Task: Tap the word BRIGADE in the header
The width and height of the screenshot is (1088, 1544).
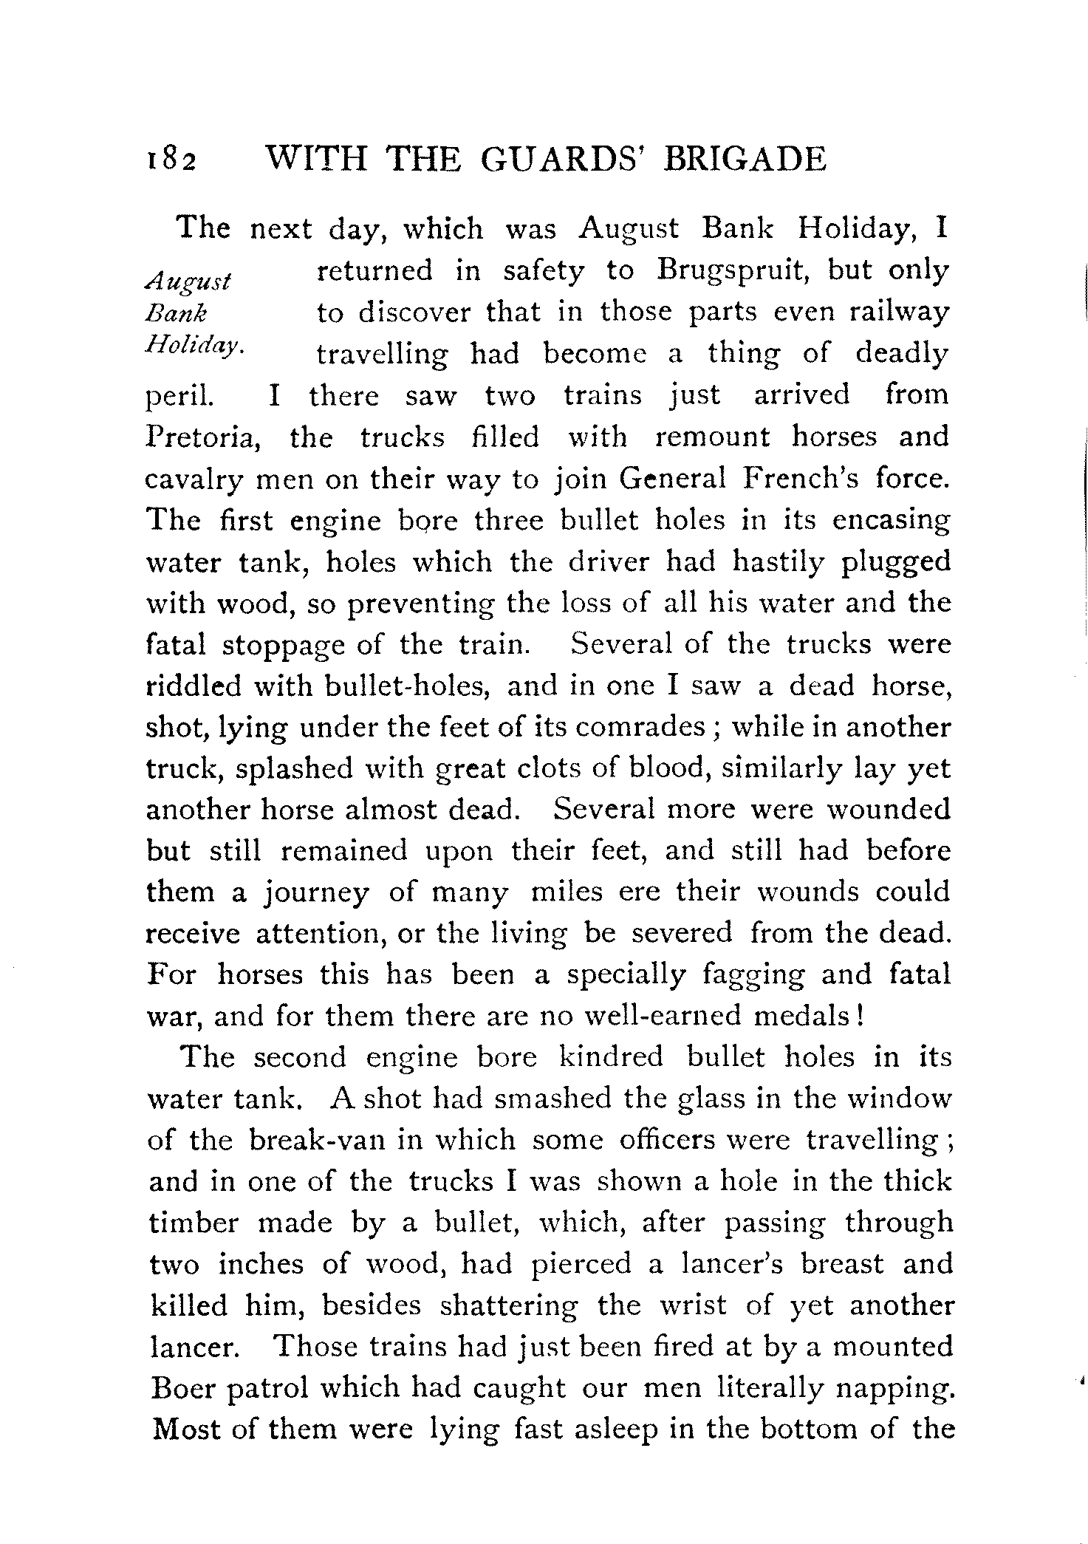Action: (745, 160)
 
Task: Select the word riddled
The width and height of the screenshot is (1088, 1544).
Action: (194, 686)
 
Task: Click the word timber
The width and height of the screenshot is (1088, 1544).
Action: (194, 1223)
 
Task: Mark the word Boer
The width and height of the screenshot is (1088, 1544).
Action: (181, 1389)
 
